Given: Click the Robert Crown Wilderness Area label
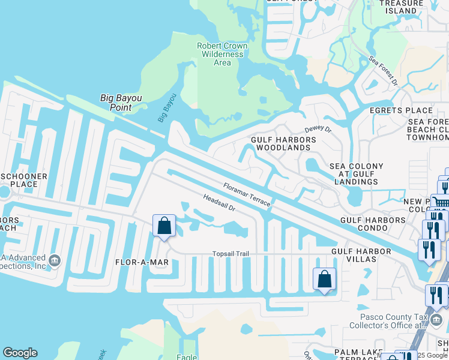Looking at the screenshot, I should pyautogui.click(x=222, y=54).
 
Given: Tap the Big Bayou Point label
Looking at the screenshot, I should pyautogui.click(x=124, y=103).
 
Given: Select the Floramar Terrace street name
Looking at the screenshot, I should pyautogui.click(x=247, y=194).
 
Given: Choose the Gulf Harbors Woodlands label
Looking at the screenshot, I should pyautogui.click(x=282, y=143).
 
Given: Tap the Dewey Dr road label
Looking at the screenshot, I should pyautogui.click(x=318, y=128).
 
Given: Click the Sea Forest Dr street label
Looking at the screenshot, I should pyautogui.click(x=384, y=72).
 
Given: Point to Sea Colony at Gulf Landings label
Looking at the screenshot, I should pyautogui.click(x=357, y=174).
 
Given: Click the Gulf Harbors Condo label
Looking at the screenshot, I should pyautogui.click(x=373, y=220).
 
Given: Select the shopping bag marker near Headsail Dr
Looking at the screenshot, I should pyautogui.click(x=164, y=226).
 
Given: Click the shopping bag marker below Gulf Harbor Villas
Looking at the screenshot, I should pyautogui.click(x=324, y=279).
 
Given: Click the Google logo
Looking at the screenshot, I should pyautogui.click(x=20, y=353).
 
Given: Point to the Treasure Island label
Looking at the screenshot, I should pyautogui.click(x=402, y=7).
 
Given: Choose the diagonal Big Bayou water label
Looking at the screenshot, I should pyautogui.click(x=167, y=107).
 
